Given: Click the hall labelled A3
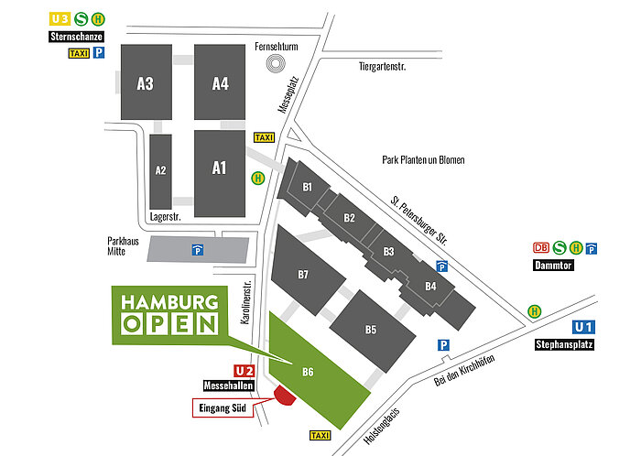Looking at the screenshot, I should (x=145, y=83).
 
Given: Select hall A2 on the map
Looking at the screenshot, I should (x=160, y=169).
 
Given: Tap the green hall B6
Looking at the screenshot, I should (x=316, y=371).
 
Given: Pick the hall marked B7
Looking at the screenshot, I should (x=303, y=274).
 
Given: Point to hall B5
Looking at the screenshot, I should (x=370, y=329).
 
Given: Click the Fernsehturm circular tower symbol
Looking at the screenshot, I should (x=275, y=63).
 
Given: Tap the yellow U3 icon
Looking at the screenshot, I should (x=60, y=18).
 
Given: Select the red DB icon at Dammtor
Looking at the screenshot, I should (x=540, y=247).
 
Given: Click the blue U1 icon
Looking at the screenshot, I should (x=583, y=327).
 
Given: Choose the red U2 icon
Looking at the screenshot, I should (x=244, y=371).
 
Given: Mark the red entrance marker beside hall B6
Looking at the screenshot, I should (x=283, y=395).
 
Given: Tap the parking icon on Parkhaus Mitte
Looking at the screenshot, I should (x=196, y=249).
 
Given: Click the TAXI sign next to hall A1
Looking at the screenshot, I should (x=264, y=136).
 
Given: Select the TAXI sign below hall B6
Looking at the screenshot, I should (x=321, y=435).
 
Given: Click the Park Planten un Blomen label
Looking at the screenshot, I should (x=423, y=159).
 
